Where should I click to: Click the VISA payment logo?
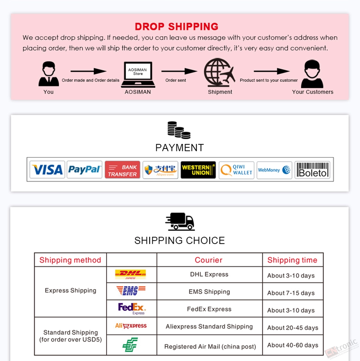(47, 170)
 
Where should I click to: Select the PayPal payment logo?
(84, 170)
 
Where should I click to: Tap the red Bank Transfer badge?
(122, 170)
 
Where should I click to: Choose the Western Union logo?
(198, 170)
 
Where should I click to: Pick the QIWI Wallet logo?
(236, 170)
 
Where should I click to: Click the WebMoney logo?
(274, 170)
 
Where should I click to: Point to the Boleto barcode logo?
(312, 170)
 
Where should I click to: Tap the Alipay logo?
(160, 170)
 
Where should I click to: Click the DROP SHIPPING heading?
(177, 27)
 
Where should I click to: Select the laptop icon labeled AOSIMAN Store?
(138, 74)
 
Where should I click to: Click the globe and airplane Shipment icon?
(219, 72)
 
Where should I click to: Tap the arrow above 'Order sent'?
(179, 71)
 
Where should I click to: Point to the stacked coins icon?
(179, 130)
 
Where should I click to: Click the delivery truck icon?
(180, 222)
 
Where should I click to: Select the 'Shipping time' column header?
(292, 260)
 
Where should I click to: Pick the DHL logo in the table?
(130, 274)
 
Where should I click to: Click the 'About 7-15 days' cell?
(291, 293)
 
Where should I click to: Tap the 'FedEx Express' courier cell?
(209, 309)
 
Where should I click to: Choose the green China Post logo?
(130, 345)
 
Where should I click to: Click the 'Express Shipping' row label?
(70, 291)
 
